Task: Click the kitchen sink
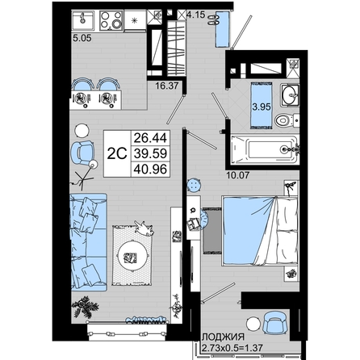point(83,20)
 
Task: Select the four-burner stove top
point(111,21)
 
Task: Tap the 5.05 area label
point(82,38)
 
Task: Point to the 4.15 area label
point(196,15)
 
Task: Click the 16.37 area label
point(167,86)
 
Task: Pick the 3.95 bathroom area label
point(262,107)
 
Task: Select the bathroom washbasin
point(290,94)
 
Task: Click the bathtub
point(265,149)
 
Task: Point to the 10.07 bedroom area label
point(238,175)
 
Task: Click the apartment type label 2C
point(117,154)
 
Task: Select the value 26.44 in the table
point(150,138)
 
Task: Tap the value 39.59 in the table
point(150,153)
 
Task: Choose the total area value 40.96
point(150,170)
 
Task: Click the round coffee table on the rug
point(132,257)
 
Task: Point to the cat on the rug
point(144,228)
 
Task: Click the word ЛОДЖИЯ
point(224,337)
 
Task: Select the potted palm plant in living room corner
point(85,307)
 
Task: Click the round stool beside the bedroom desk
point(194,185)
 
